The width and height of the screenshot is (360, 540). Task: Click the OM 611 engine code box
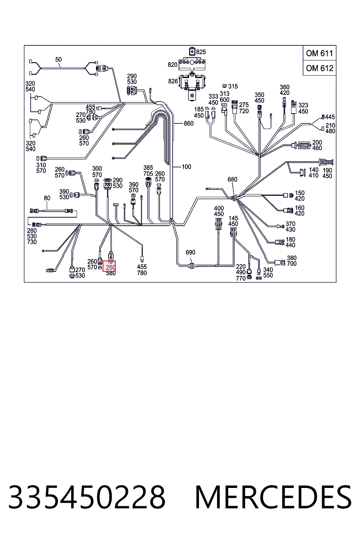[x=319, y=53]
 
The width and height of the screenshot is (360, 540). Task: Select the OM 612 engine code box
[x=319, y=68]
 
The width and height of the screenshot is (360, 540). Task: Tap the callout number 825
[x=201, y=52]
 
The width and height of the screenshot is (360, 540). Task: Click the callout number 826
[x=173, y=81]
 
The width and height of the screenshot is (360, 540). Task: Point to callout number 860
[x=188, y=123]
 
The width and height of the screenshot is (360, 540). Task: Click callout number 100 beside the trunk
[x=186, y=167]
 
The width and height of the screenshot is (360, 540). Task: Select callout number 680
[x=232, y=179]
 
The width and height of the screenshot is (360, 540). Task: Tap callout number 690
[x=191, y=252]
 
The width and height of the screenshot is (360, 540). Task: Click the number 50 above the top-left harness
[x=58, y=59]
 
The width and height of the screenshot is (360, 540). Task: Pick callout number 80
[x=47, y=198]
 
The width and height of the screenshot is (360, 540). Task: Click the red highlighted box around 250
[x=109, y=266]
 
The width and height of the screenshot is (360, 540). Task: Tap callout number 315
[x=233, y=86]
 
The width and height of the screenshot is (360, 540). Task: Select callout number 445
[x=330, y=117]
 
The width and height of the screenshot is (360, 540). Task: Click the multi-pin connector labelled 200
[x=304, y=145]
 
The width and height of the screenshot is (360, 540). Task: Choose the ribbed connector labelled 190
[x=326, y=162]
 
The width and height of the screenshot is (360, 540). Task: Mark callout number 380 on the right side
[x=291, y=258]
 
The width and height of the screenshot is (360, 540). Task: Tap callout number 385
[x=148, y=168]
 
